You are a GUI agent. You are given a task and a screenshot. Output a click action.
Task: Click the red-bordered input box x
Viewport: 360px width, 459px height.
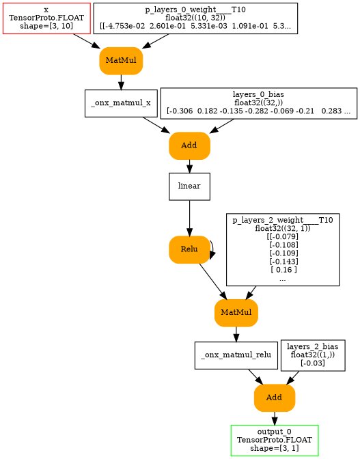tap(46, 18)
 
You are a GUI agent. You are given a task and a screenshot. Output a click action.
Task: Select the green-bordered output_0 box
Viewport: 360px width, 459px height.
tap(274, 440)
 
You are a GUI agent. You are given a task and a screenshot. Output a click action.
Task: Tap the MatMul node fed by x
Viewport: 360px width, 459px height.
tap(121, 61)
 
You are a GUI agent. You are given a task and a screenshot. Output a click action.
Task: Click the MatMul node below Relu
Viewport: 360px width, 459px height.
tap(236, 313)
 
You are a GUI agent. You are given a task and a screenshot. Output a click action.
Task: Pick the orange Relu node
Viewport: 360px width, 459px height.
tap(189, 249)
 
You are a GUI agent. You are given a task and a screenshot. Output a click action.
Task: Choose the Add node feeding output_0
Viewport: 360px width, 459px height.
tap(274, 398)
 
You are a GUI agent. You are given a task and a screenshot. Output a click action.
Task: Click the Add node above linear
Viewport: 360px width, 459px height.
tap(189, 145)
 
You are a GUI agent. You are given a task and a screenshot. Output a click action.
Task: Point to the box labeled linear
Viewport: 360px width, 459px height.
tap(189, 186)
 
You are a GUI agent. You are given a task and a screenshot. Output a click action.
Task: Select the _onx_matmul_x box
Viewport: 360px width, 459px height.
tap(121, 103)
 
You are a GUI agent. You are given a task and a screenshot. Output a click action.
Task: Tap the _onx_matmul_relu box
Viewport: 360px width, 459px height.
tap(236, 355)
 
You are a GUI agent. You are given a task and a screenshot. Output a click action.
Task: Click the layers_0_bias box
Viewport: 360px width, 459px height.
tap(258, 103)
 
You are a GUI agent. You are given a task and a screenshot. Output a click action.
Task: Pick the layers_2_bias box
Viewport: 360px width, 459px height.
tap(312, 355)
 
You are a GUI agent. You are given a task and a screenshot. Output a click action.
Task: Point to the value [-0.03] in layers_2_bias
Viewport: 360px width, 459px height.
tap(312, 363)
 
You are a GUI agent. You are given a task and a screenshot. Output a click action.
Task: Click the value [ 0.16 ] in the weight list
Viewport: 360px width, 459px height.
tap(282, 270)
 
